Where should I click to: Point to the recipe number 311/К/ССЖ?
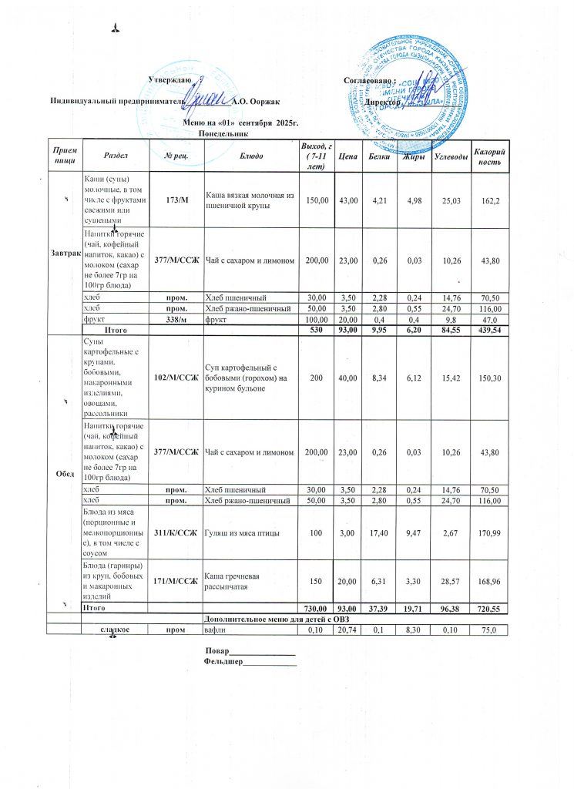[x=176, y=533]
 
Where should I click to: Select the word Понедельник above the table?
[x=222, y=133]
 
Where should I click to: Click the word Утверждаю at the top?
[x=169, y=80]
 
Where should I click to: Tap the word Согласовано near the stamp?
[x=368, y=80]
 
